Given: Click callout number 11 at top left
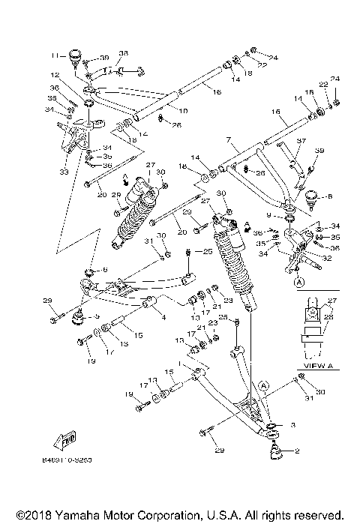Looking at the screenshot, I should coord(55,55).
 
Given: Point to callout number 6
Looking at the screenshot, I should coord(106,270).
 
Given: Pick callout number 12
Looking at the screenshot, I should coord(55,75).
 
